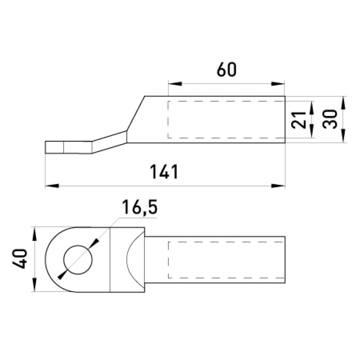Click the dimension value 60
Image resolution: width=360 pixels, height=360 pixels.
tap(226, 70)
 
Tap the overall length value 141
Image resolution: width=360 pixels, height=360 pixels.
tap(164, 171)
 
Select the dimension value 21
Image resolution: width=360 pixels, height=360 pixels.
tap(299, 120)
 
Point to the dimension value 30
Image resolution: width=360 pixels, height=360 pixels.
tap(330, 119)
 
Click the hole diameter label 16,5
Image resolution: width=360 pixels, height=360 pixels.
tap(139, 207)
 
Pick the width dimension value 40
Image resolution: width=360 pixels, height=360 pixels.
tap(19, 258)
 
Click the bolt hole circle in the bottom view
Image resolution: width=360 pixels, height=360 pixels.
tap(78, 260)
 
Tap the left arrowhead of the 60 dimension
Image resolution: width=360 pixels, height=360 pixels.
tap(175, 84)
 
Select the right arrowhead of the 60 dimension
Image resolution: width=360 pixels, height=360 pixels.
tap(278, 84)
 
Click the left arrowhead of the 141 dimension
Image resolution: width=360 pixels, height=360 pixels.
tap(52, 186)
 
